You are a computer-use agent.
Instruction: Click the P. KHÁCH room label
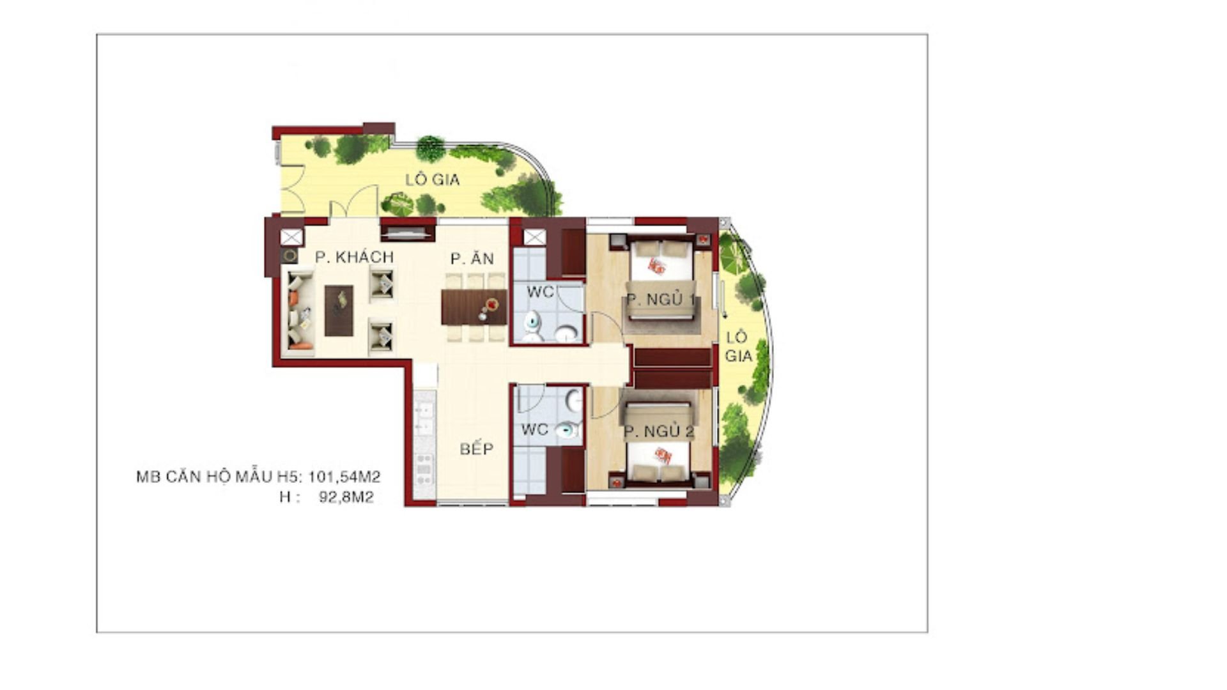coord(354,257)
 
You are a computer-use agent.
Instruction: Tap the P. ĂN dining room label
coord(472,258)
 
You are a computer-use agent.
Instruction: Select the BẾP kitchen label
coord(477,448)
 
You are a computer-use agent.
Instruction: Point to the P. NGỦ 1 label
coord(661,299)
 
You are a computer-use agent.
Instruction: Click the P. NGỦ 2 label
coord(659,432)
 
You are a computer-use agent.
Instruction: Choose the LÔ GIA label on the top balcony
coord(433,180)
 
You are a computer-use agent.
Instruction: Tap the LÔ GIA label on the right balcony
coord(738,347)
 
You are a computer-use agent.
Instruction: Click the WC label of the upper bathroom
coord(540,293)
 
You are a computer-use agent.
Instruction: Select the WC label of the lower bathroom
coord(535,429)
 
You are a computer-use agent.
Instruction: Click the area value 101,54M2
coord(344,477)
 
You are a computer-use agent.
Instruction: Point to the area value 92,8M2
coord(346,497)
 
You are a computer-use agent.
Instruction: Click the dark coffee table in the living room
coord(339,310)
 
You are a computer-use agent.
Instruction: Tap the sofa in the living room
coord(300,310)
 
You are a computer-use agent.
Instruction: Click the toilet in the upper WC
coord(532,326)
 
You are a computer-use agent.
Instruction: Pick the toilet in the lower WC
coord(567,431)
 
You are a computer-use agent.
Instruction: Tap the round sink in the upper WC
coord(566,333)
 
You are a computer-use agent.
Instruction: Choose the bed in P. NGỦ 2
coord(658,443)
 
